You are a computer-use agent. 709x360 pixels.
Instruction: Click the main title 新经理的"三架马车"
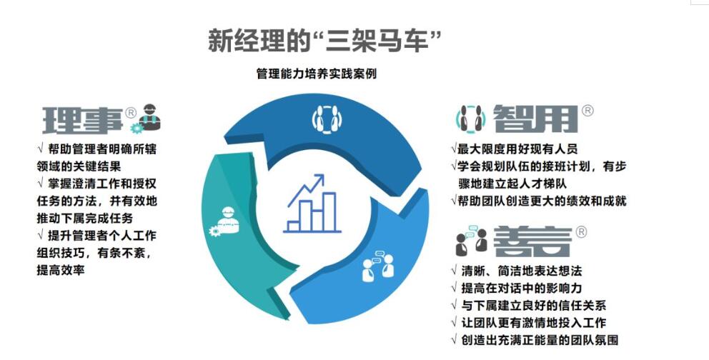pos(324,41)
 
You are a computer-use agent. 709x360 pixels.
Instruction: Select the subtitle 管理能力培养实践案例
pos(317,74)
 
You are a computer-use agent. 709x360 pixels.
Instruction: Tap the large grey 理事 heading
pos(83,120)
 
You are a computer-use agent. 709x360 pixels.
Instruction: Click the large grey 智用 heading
pos(535,119)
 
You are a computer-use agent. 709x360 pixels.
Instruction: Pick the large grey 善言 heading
pos(532,241)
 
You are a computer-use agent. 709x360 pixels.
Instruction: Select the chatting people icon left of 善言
pos(471,240)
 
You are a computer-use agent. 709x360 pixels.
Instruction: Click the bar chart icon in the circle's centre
pos(312,204)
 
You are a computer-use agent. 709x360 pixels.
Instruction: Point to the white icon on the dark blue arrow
pos(327,119)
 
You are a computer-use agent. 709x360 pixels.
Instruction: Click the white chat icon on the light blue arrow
pos(379,266)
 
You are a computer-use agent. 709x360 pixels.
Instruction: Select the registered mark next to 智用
pos(587,111)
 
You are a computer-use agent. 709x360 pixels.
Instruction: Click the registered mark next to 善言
pos(581,232)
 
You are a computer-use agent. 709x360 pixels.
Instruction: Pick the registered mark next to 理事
pos(130,112)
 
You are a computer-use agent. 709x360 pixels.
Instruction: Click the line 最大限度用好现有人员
pos(515,149)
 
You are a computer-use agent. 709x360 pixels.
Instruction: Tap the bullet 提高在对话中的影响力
pos(516,288)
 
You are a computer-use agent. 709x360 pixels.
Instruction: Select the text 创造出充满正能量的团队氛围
pos(535,340)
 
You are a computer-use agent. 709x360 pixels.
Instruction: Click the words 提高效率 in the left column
pos(61,270)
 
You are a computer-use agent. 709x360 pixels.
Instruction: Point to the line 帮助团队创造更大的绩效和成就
pos(539,201)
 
